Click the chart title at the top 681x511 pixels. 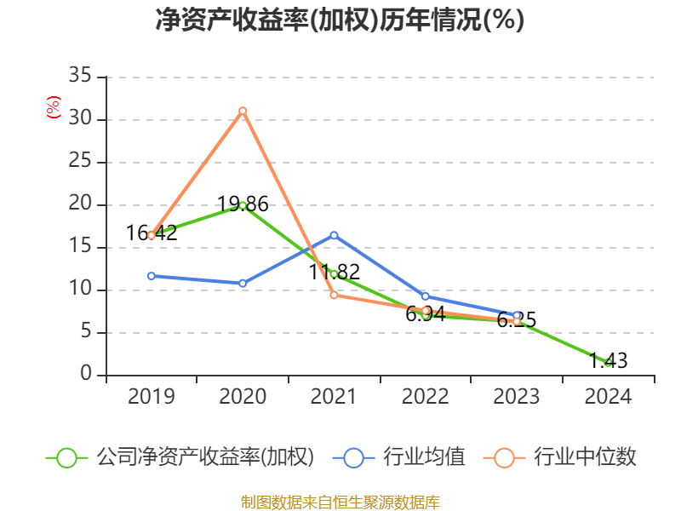[340, 20]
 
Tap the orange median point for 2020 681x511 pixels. [243, 111]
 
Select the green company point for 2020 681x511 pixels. [243, 205]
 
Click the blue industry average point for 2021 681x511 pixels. [334, 235]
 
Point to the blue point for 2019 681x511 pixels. [152, 276]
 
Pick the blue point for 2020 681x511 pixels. [243, 283]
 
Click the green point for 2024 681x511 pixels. [608, 363]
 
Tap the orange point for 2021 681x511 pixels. [334, 295]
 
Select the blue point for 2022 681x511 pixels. [425, 296]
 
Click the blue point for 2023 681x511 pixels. [517, 315]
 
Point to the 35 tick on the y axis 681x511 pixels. [80, 77]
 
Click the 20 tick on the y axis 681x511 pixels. [80, 204]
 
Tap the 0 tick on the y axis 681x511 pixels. [86, 375]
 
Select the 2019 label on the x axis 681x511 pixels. [152, 397]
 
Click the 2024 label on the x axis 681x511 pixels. [608, 397]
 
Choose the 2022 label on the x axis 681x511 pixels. [425, 397]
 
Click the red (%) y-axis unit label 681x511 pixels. [54, 107]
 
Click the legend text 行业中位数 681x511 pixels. [585, 457]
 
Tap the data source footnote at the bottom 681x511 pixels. [340, 502]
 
